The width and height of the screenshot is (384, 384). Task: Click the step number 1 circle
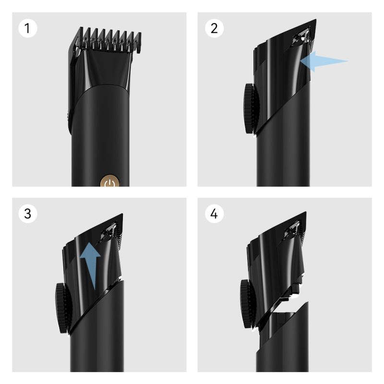pos(28,28)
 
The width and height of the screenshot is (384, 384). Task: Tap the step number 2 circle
pos(214,28)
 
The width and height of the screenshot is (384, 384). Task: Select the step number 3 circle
pos(28,214)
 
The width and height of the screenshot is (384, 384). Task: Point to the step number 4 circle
pos(214,214)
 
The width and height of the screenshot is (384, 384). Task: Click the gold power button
pos(109,181)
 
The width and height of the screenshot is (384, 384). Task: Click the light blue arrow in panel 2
pos(324,61)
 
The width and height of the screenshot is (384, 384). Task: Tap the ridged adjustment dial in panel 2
pos(251,109)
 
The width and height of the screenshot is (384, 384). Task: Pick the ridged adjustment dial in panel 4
pos(248,304)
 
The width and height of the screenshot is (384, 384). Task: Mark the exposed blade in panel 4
pos(295,229)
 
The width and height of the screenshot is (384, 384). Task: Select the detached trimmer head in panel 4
pos(276,264)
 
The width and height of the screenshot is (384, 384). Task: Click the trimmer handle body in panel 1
pos(100,137)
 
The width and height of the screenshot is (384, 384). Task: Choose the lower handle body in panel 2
pos(283,147)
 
